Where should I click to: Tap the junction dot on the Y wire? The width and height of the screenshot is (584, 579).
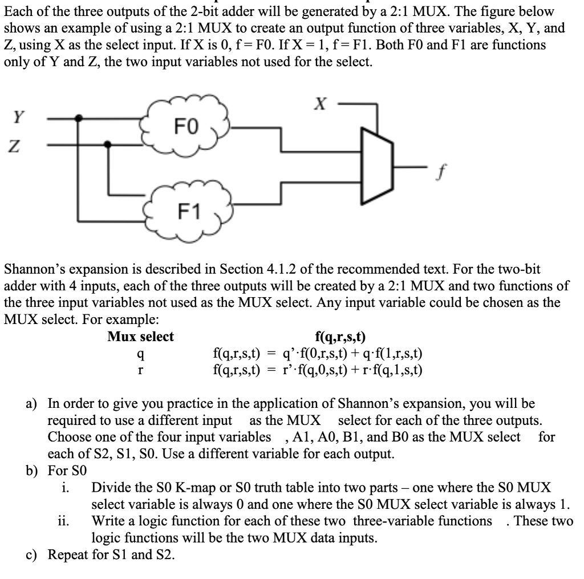[x=79, y=118]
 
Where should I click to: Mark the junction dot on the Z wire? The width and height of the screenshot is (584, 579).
[x=108, y=145]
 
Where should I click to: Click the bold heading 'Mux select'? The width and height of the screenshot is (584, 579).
[x=141, y=337]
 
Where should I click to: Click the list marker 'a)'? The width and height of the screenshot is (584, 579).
[x=32, y=404]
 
